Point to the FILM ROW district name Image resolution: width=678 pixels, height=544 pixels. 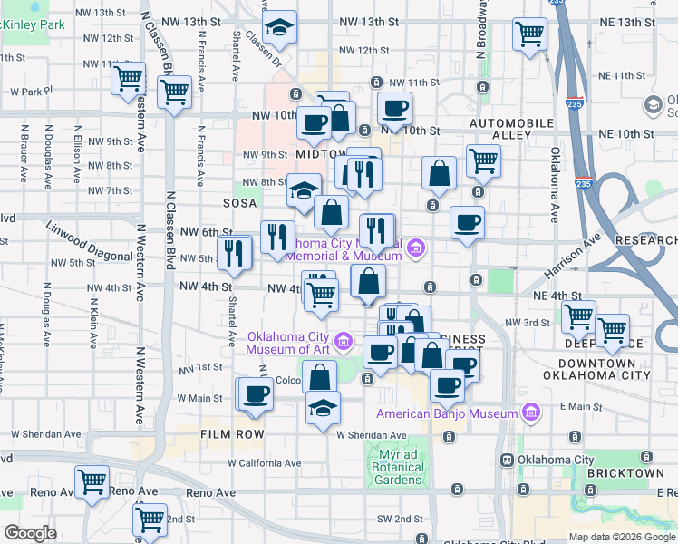tap(232, 435)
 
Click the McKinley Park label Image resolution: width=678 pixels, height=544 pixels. tap(33, 25)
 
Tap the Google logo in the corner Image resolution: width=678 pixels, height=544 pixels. tap(30, 533)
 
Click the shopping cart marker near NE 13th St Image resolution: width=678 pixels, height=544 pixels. tap(529, 34)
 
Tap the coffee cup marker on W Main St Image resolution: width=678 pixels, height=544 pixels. tap(257, 393)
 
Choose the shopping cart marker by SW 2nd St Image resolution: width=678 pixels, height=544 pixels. tap(150, 520)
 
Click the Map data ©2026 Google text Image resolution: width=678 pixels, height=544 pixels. tap(622, 537)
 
